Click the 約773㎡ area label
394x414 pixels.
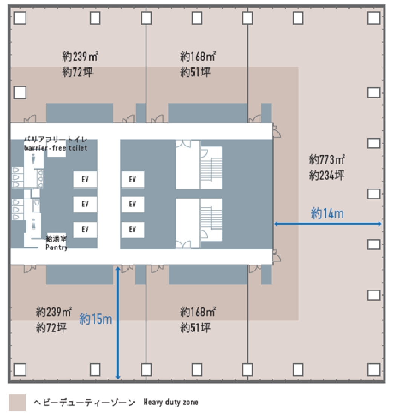coord(327,159)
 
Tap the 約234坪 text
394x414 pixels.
coord(327,175)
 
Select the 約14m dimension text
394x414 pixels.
coord(327,214)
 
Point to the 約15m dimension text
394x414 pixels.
coord(96,319)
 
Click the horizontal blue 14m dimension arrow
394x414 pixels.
coord(328,224)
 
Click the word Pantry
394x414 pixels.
coord(57,247)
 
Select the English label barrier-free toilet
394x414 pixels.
coord(56,148)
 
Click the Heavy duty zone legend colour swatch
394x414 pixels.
coord(18,402)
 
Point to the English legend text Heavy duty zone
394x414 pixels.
coord(171,402)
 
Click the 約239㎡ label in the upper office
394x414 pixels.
coord(80,57)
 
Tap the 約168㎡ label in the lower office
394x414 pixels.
coord(198,312)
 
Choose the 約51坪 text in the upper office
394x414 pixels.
coord(195,72)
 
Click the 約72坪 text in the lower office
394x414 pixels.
coord(51,328)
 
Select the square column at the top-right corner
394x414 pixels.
coord(374,17)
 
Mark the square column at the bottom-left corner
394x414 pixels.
coord(20,370)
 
